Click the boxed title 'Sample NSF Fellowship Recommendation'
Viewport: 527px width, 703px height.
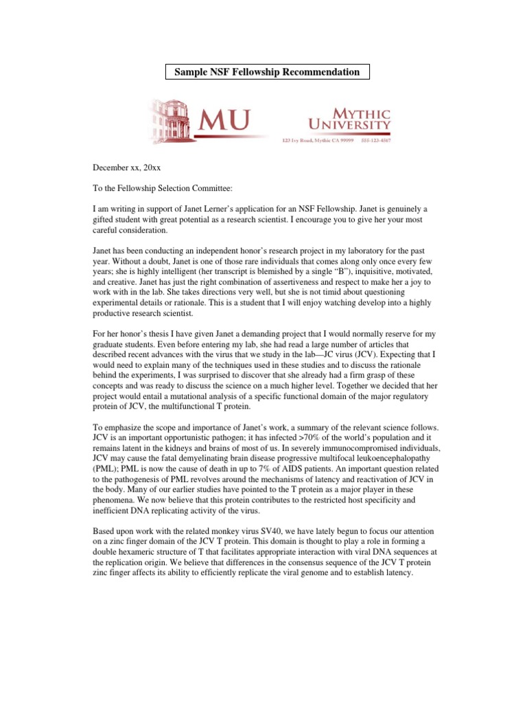pyautogui.click(x=267, y=72)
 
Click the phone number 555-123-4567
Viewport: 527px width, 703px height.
pyautogui.click(x=376, y=141)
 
